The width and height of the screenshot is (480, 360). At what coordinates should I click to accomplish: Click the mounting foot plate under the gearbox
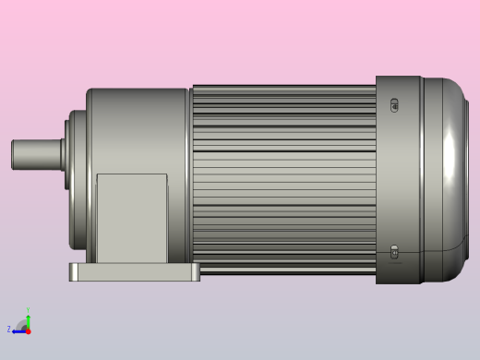(x=134, y=272)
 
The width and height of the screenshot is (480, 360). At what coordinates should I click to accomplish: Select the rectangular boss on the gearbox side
(x=132, y=218)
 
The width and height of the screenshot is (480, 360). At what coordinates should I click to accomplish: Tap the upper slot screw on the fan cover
(x=395, y=104)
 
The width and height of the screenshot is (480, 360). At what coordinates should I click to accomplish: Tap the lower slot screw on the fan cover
(x=395, y=251)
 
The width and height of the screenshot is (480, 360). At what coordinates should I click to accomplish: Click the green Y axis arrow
(x=28, y=320)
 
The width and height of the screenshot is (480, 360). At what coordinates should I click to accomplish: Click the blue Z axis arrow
(x=18, y=330)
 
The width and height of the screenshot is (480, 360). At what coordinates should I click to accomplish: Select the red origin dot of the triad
(x=28, y=330)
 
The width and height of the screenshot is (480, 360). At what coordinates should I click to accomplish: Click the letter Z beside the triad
(x=9, y=330)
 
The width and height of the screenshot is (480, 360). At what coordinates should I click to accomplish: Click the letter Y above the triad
(x=28, y=311)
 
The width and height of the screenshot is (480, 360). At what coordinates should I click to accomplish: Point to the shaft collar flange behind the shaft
(x=69, y=153)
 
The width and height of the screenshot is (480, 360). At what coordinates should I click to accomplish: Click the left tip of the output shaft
(x=13, y=154)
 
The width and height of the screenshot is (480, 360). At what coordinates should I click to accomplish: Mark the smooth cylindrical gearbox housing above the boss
(x=138, y=129)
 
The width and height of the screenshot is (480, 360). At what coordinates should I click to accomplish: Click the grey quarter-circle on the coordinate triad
(x=23, y=326)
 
